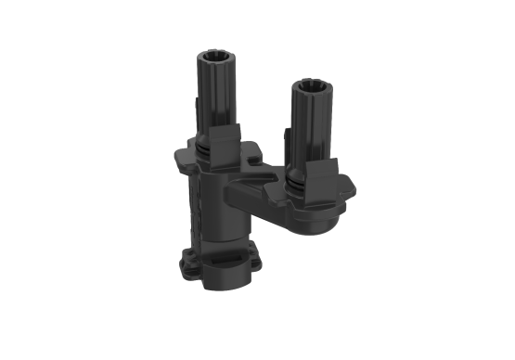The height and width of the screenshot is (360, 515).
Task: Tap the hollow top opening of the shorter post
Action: point(307,87)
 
